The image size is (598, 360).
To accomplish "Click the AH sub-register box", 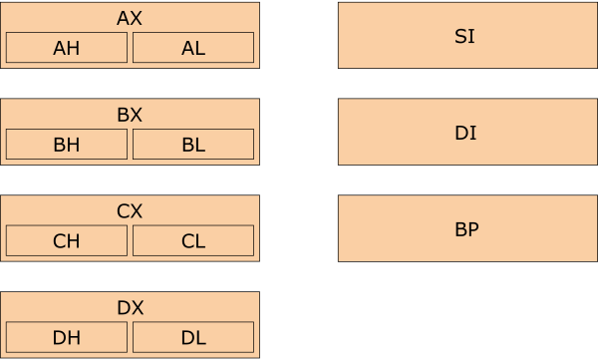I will tap(67, 48).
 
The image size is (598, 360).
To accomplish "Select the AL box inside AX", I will tap(193, 48).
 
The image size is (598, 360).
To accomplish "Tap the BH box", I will tap(67, 145).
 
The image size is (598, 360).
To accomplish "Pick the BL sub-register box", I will tap(193, 145).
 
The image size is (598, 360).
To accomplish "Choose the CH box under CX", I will tap(67, 241).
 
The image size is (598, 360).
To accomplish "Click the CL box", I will tap(193, 241).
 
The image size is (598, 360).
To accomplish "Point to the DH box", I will tap(67, 338).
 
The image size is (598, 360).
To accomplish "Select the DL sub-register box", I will tap(193, 338).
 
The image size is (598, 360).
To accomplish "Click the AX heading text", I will tap(130, 18).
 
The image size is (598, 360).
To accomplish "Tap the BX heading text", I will tap(130, 115).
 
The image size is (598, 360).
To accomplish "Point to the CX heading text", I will tap(130, 211).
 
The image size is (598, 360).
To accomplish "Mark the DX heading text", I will tap(130, 308).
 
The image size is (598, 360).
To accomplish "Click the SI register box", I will tap(464, 35).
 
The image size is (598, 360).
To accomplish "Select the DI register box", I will tap(464, 132).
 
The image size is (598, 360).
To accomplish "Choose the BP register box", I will tap(464, 228).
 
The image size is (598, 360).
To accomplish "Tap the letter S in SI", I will tap(460, 37).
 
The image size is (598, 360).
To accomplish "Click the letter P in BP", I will tap(473, 229).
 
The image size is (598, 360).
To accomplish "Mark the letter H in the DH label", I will tap(73, 338).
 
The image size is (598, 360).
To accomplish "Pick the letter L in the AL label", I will tap(200, 48).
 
